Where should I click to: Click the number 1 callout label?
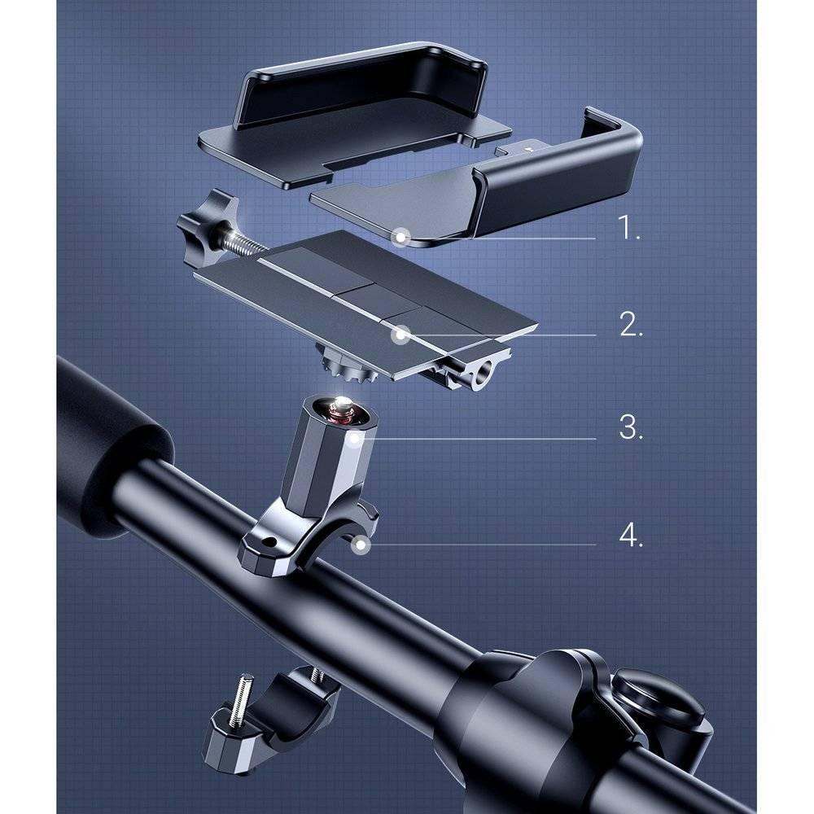[628, 228]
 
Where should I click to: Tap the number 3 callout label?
[631, 428]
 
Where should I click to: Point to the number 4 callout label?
[631, 536]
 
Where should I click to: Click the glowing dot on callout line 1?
[400, 237]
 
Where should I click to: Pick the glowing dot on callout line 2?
[400, 334]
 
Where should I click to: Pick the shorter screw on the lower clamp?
[311, 674]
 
